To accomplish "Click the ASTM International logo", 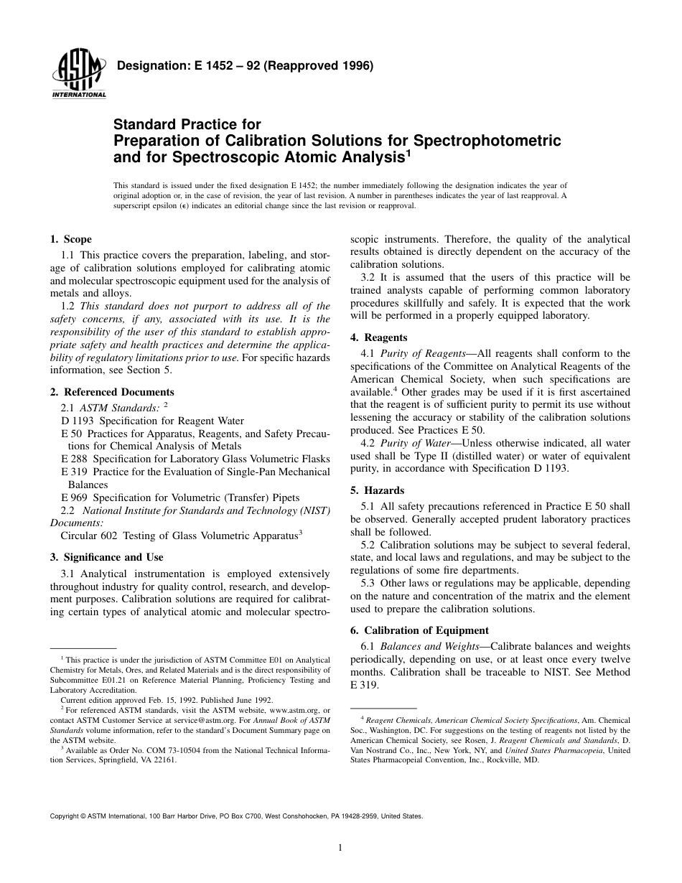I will click(x=78, y=75).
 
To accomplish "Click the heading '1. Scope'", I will click(x=70, y=239).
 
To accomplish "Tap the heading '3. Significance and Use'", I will click(x=106, y=557).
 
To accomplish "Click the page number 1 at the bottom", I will click(x=340, y=848).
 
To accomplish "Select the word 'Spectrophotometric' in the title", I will click(x=486, y=139).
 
